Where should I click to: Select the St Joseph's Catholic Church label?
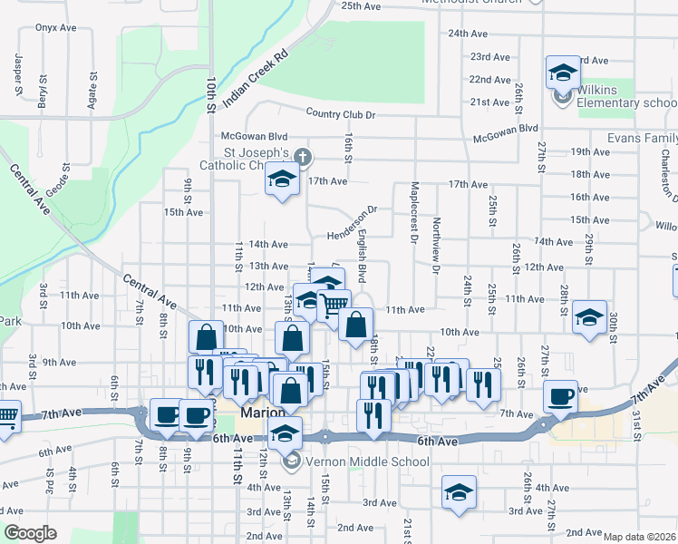tap(245, 159)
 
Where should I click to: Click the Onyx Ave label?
tap(56, 28)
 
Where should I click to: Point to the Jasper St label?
tap(18, 75)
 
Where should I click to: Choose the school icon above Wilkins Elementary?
tap(563, 72)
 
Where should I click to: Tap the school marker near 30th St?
tap(590, 317)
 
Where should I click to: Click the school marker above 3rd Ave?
tap(459, 492)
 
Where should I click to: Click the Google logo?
tap(31, 533)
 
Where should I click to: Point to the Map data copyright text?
tap(640, 537)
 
